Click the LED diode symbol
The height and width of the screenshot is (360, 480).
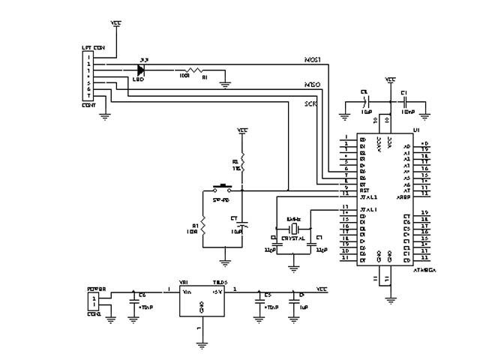coord(140,68)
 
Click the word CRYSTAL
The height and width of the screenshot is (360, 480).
coord(292,238)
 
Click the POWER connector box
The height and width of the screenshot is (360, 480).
coord(93,300)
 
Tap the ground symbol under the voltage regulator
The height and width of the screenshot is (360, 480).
coord(201,346)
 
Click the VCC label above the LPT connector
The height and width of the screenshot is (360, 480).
coord(115,23)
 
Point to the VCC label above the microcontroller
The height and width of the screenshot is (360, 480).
coord(390,79)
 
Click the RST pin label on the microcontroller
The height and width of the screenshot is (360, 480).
coord(364,190)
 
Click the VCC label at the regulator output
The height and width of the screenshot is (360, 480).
coord(321,289)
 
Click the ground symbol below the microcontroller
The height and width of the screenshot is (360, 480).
coord(390,298)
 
